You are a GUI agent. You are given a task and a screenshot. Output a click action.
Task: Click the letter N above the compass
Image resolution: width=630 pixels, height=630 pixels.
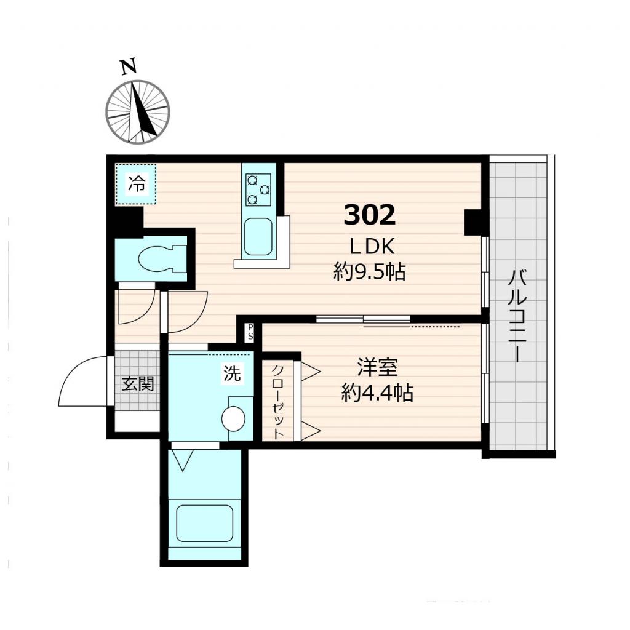pos(128,67)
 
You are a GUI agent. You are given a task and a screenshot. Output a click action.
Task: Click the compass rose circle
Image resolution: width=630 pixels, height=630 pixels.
pos(137,112)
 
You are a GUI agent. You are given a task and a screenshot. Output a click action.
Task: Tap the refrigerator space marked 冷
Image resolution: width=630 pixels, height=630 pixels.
pos(137,183)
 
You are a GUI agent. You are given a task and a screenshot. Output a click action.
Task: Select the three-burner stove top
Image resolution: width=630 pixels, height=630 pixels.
pos(258,189)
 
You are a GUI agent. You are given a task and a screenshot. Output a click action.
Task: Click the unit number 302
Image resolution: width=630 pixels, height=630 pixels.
pos(369,215)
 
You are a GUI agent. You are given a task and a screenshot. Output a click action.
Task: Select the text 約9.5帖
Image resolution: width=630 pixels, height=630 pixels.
pos(369,271)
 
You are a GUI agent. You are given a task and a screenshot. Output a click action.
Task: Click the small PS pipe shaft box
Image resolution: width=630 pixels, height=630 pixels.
pos(250,333)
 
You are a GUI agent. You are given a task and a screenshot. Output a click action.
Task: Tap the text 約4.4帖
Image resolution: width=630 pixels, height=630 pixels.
pos(377,393)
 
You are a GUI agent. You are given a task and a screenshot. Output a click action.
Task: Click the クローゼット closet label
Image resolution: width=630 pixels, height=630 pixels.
pos(277,401)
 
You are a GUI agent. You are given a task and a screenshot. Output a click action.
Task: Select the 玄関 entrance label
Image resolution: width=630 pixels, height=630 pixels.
pos(137,384)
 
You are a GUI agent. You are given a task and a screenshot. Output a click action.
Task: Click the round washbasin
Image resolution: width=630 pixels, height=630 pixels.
pos(234,420)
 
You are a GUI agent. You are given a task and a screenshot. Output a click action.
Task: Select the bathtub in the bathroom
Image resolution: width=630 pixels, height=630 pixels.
pos(204,524)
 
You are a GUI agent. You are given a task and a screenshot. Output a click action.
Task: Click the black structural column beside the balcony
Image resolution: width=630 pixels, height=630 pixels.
pos(475,222)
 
